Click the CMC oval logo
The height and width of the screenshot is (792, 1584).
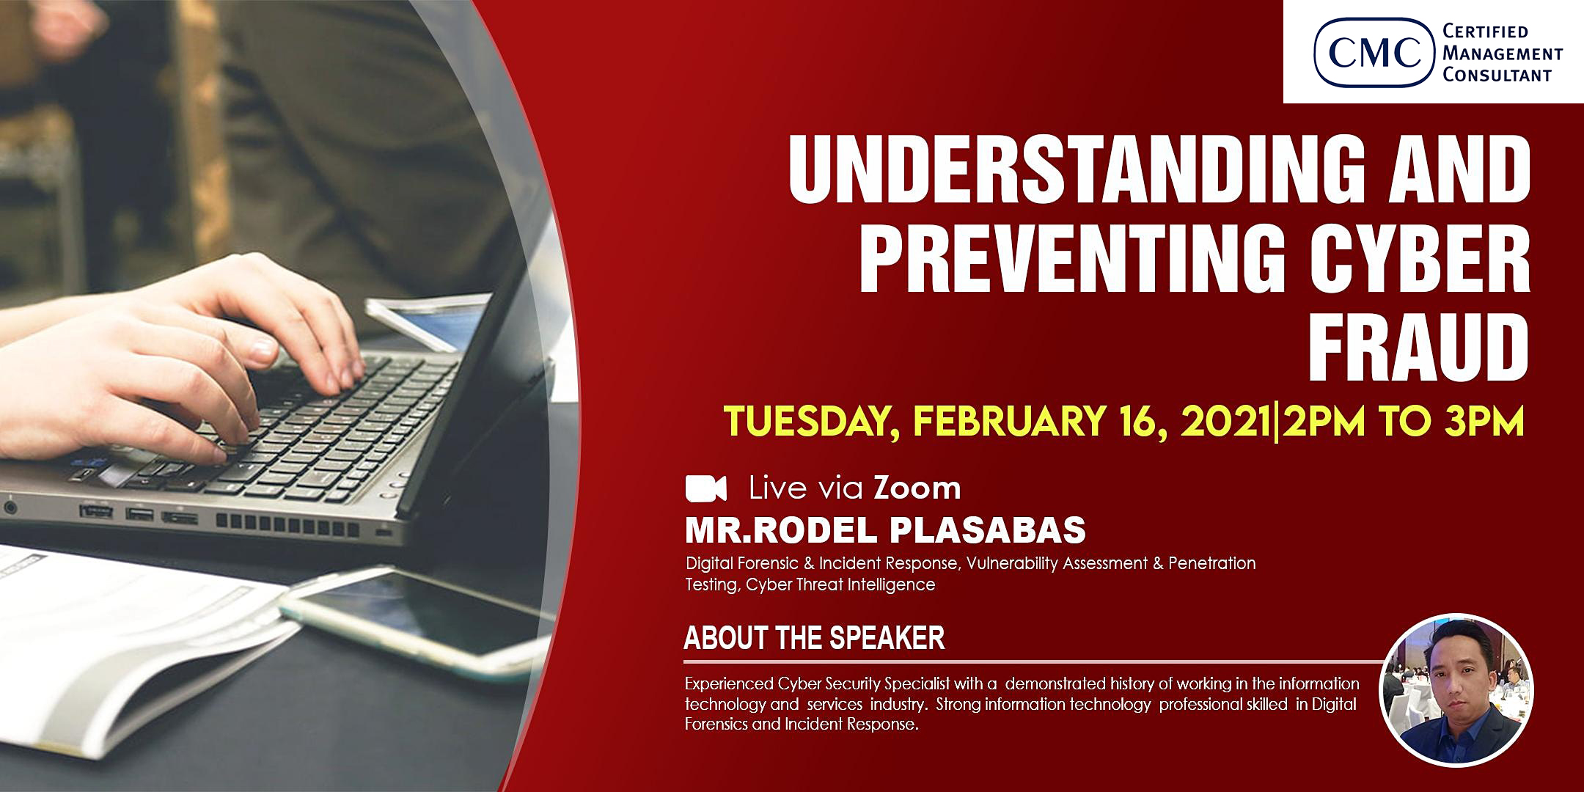tap(1373, 52)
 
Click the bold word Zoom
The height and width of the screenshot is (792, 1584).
tap(917, 488)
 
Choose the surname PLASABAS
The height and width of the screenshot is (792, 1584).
tap(988, 530)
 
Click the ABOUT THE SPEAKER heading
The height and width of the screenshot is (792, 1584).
tap(814, 639)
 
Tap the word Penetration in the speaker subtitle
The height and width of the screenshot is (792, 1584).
tap(1211, 563)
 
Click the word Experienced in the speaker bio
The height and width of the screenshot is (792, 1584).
tap(728, 685)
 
